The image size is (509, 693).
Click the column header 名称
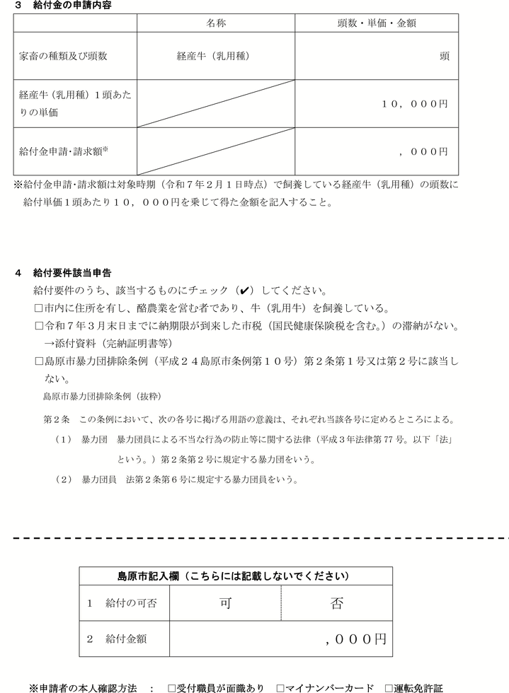(x=215, y=23)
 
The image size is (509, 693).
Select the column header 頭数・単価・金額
(x=376, y=23)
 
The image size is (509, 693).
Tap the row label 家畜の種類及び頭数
(x=64, y=56)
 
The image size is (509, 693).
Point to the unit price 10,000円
(x=415, y=103)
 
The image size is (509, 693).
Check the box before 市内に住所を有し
(x=39, y=308)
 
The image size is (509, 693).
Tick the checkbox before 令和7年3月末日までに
(x=39, y=326)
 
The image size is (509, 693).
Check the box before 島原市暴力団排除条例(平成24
(x=39, y=361)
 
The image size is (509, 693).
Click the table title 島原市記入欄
(x=233, y=576)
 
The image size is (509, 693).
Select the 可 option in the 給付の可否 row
(x=224, y=603)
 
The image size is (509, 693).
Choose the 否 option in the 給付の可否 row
(x=336, y=603)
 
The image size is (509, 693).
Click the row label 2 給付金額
(x=118, y=639)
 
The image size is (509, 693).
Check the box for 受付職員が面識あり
(x=171, y=687)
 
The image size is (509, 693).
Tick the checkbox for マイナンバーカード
(x=280, y=687)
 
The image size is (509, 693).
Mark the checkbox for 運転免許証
(x=389, y=687)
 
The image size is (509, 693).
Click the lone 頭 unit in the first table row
(x=444, y=56)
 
